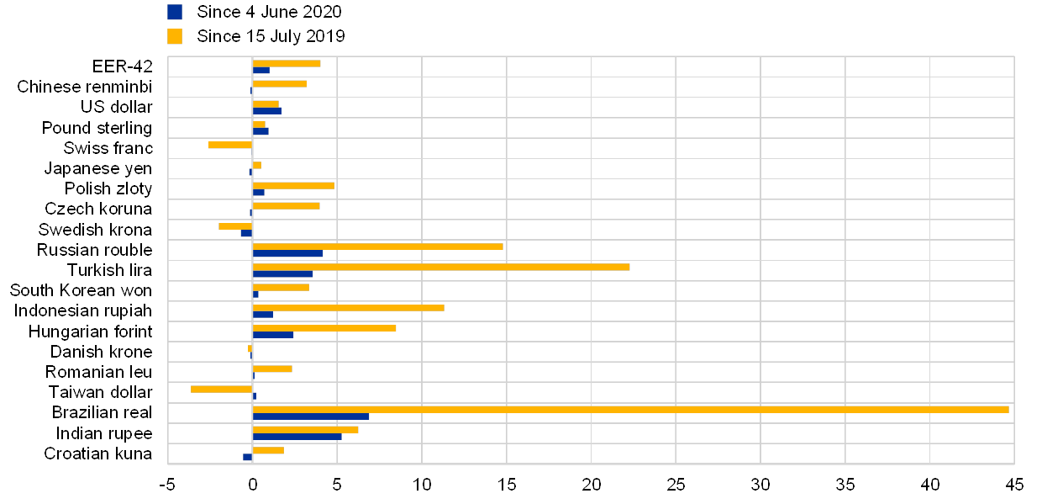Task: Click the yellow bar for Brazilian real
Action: [x=630, y=409]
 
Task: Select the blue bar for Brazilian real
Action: [x=311, y=416]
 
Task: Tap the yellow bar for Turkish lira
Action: [x=441, y=267]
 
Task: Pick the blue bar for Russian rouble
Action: [x=287, y=253]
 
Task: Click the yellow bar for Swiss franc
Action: [x=230, y=145]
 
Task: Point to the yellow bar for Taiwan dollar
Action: [x=221, y=389]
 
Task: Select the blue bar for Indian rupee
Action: [x=297, y=437]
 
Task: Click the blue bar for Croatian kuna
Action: [x=247, y=457]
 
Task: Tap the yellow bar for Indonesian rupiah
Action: [x=348, y=308]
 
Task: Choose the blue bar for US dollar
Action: [x=266, y=110]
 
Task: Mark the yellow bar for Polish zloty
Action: [x=293, y=185]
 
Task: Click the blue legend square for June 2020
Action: [x=175, y=12]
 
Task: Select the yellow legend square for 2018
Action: [x=175, y=36]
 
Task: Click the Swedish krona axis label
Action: [x=96, y=230]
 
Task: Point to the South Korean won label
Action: [x=82, y=291]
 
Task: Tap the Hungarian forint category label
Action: [x=97, y=332]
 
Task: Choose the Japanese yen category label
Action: [x=99, y=168]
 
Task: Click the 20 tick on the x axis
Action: [x=592, y=485]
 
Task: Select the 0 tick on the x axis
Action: [x=252, y=485]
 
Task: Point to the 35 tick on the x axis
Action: [x=845, y=485]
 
